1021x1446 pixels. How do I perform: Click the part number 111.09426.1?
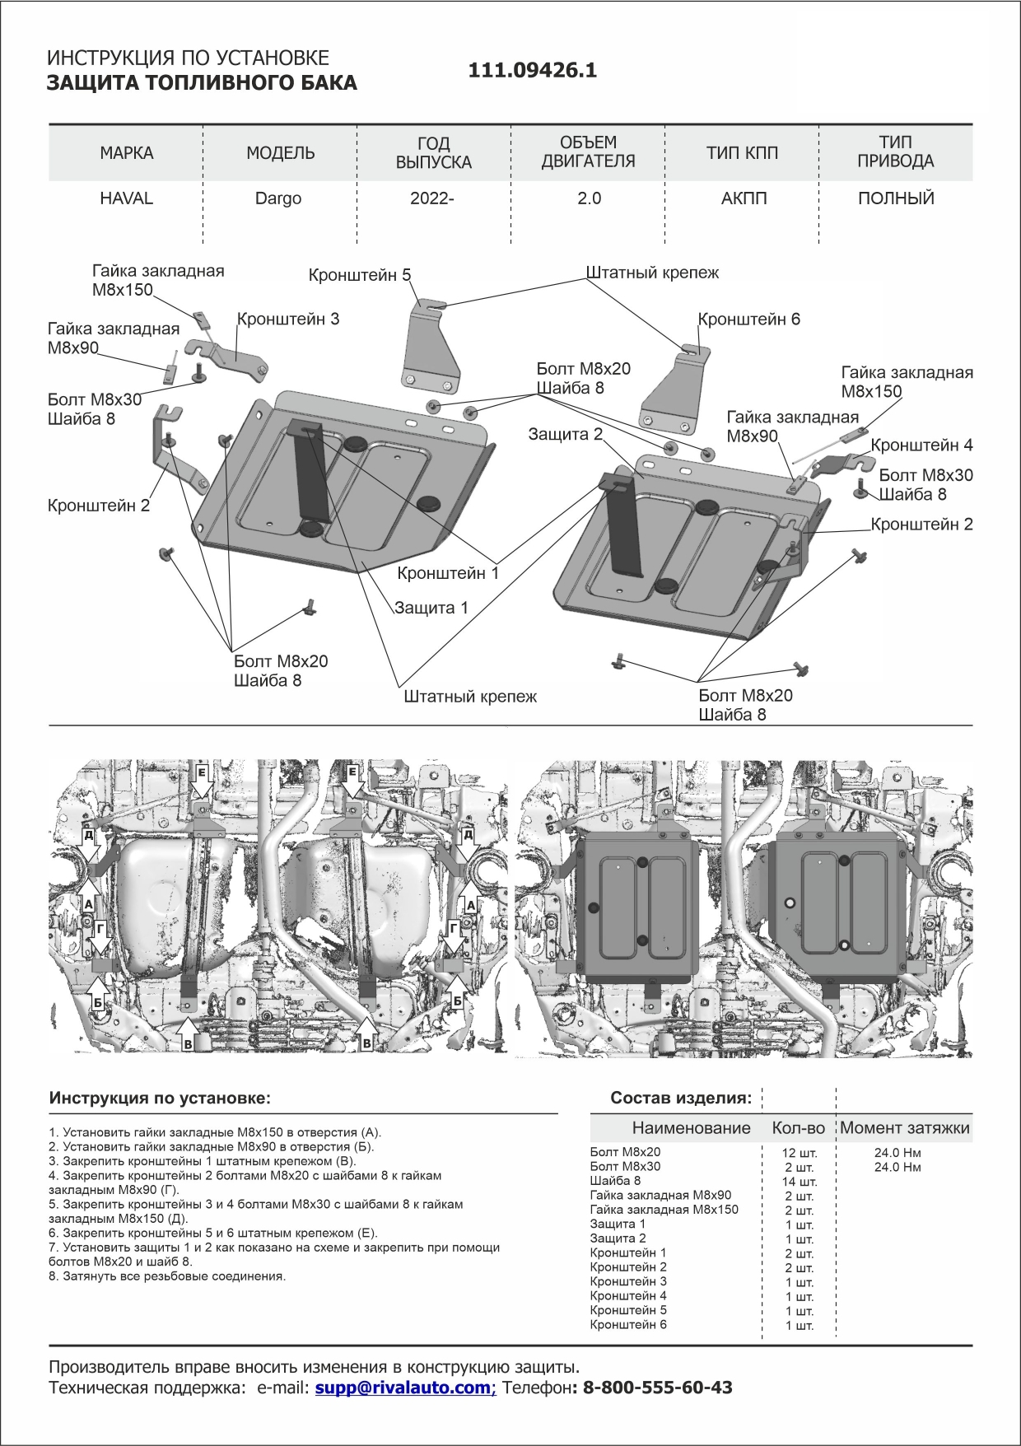click(533, 71)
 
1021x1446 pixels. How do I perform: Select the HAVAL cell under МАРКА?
click(127, 198)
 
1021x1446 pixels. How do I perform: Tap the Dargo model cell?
click(278, 198)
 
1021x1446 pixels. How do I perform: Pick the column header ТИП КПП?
click(742, 153)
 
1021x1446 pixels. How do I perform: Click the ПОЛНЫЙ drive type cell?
click(896, 198)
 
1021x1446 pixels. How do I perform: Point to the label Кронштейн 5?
click(360, 275)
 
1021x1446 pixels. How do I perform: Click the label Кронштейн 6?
click(748, 319)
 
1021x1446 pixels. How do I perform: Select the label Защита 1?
click(431, 608)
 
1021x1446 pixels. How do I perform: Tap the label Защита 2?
click(566, 434)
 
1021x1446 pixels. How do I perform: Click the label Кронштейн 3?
click(288, 319)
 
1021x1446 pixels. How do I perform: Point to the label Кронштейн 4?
click(922, 445)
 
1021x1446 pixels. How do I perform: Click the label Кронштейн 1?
click(448, 573)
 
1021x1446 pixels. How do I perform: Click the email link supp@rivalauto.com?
click(405, 1388)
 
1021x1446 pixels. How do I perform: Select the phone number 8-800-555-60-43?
click(658, 1388)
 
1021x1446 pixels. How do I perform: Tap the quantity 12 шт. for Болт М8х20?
click(800, 1153)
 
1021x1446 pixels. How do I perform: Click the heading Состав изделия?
click(681, 1098)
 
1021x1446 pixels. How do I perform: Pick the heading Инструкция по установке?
click(160, 1098)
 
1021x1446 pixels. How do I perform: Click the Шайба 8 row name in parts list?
click(615, 1181)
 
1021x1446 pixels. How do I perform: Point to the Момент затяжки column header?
click(905, 1128)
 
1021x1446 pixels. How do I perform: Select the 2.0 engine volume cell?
click(590, 198)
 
